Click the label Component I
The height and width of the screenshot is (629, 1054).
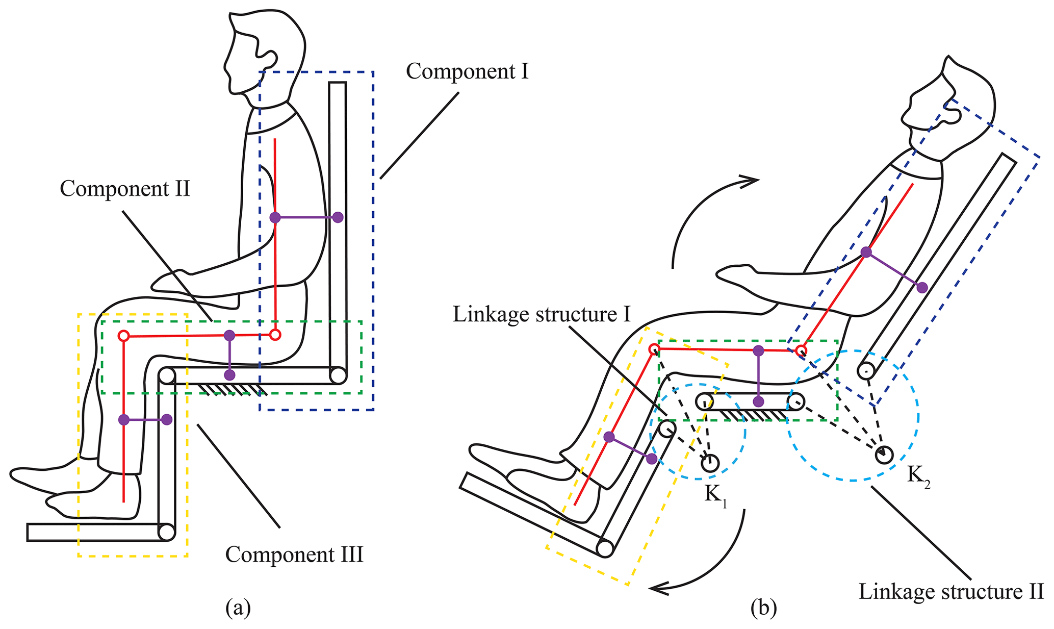467,71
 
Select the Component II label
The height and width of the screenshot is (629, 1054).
125,189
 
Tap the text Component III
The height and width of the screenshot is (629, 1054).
294,555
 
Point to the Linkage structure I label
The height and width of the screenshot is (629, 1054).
542,315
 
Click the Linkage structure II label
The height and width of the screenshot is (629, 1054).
951,592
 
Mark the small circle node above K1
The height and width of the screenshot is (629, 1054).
710,463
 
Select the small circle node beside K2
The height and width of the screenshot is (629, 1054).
884,454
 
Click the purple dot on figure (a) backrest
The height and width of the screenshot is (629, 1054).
338,217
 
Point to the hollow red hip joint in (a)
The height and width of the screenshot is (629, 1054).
275,335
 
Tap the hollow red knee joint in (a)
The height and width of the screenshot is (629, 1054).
123,336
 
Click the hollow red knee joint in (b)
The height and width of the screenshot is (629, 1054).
654,349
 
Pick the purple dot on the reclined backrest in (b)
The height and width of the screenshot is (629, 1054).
922,288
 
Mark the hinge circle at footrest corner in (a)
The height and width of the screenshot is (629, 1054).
166,532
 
